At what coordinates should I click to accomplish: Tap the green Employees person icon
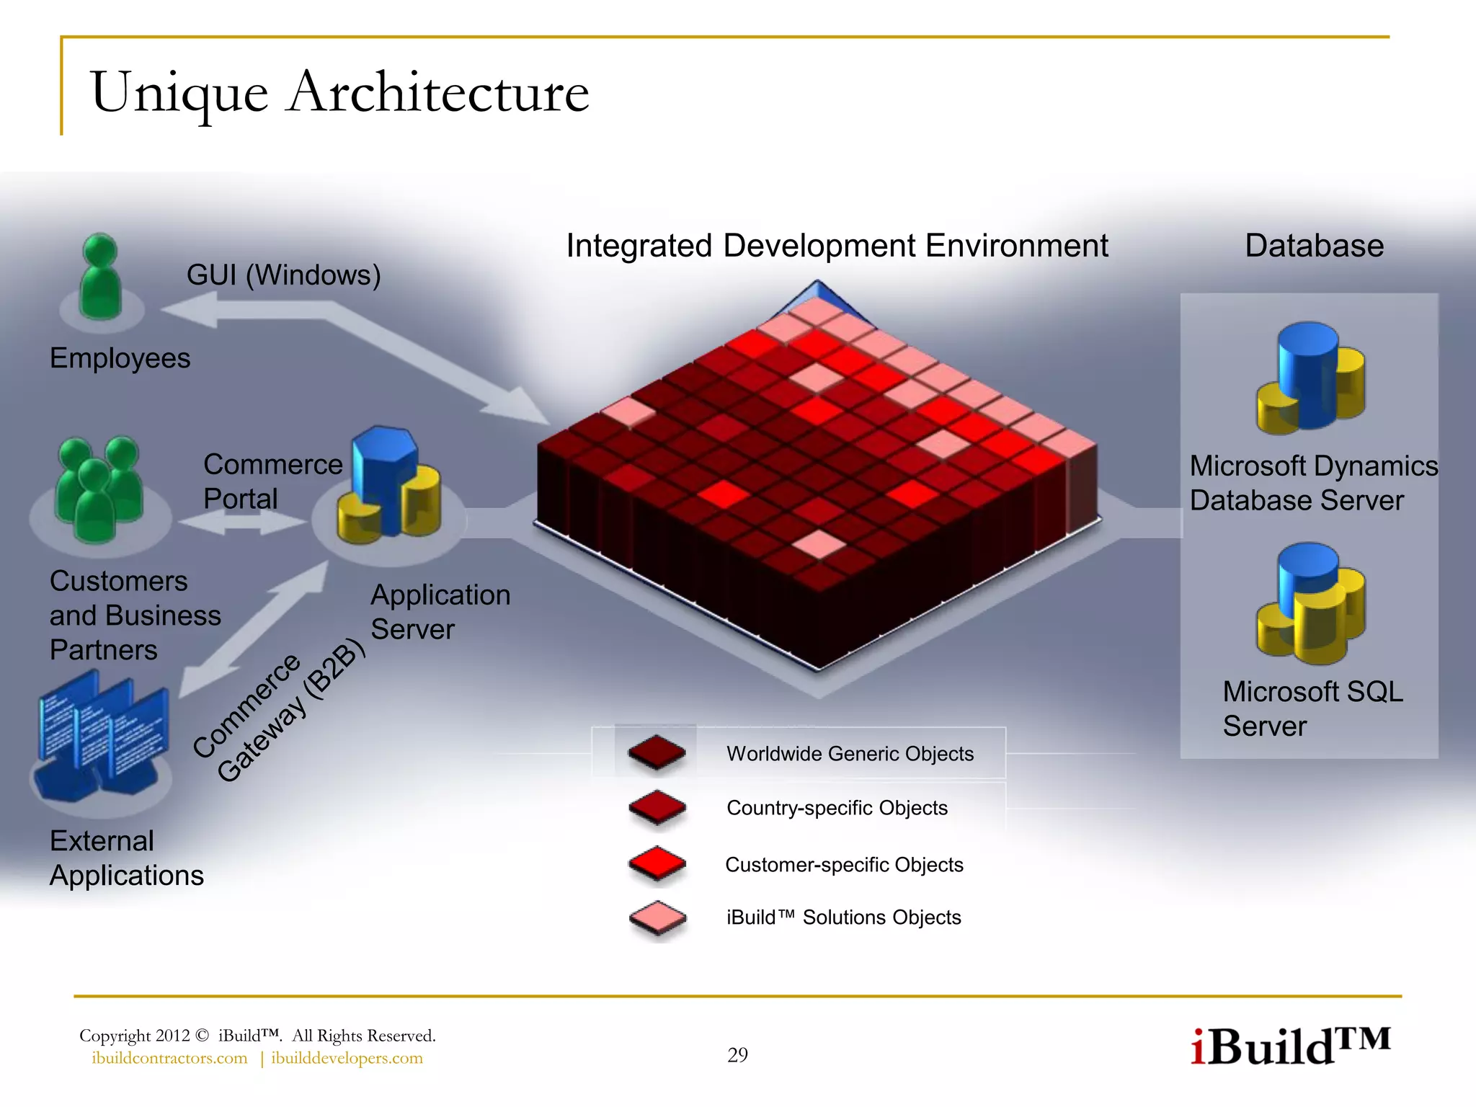tap(100, 277)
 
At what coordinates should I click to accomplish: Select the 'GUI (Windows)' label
tap(283, 275)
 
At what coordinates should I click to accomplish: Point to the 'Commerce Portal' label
tap(272, 481)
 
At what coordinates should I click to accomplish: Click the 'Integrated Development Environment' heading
tap(837, 246)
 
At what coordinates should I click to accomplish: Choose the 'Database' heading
tap(1314, 246)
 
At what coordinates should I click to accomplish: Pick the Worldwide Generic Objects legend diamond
tap(657, 753)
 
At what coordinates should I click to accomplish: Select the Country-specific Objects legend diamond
tap(657, 808)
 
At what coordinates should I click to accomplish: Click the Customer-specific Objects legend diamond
tap(657, 863)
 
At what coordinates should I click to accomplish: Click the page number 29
tap(737, 1055)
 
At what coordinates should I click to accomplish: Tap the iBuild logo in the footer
tap(1289, 1046)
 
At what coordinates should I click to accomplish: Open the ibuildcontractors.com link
tap(169, 1058)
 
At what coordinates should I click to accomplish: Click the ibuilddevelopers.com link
tap(347, 1058)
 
